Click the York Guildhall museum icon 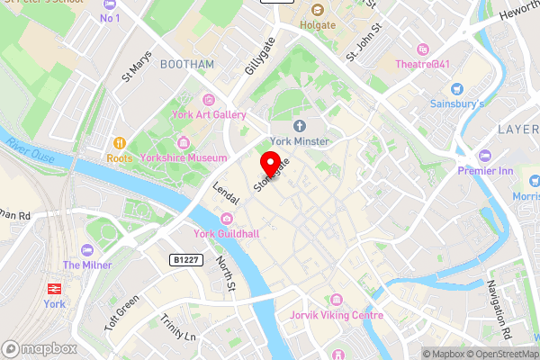coord(226,219)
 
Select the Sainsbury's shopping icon coord(456,89)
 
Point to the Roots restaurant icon coord(118,142)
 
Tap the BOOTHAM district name coord(186,65)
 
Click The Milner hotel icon coord(86,249)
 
